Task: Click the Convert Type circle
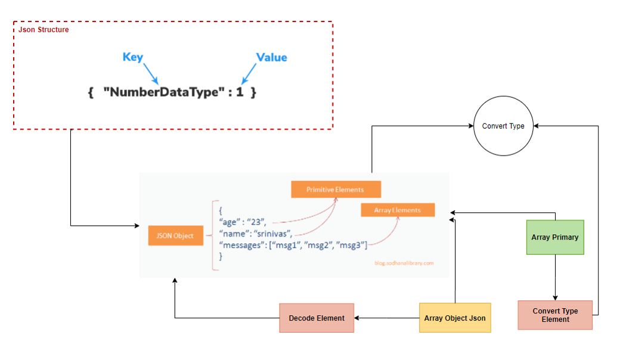[x=503, y=126]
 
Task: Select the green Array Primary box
[x=554, y=237]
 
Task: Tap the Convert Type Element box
[x=554, y=315]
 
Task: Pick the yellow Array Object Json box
[x=455, y=318]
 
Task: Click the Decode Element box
[x=317, y=318]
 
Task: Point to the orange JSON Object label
[x=175, y=235]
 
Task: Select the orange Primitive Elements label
[x=335, y=190]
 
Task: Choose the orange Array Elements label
[x=397, y=210]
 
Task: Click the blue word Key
[x=132, y=57]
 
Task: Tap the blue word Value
[x=271, y=58]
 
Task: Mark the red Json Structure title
[x=44, y=29]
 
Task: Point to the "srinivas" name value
[x=271, y=232]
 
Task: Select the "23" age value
[x=258, y=221]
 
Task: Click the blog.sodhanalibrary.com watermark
[x=404, y=263]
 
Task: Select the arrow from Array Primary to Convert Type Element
[x=555, y=277]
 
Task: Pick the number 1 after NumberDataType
[x=240, y=93]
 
